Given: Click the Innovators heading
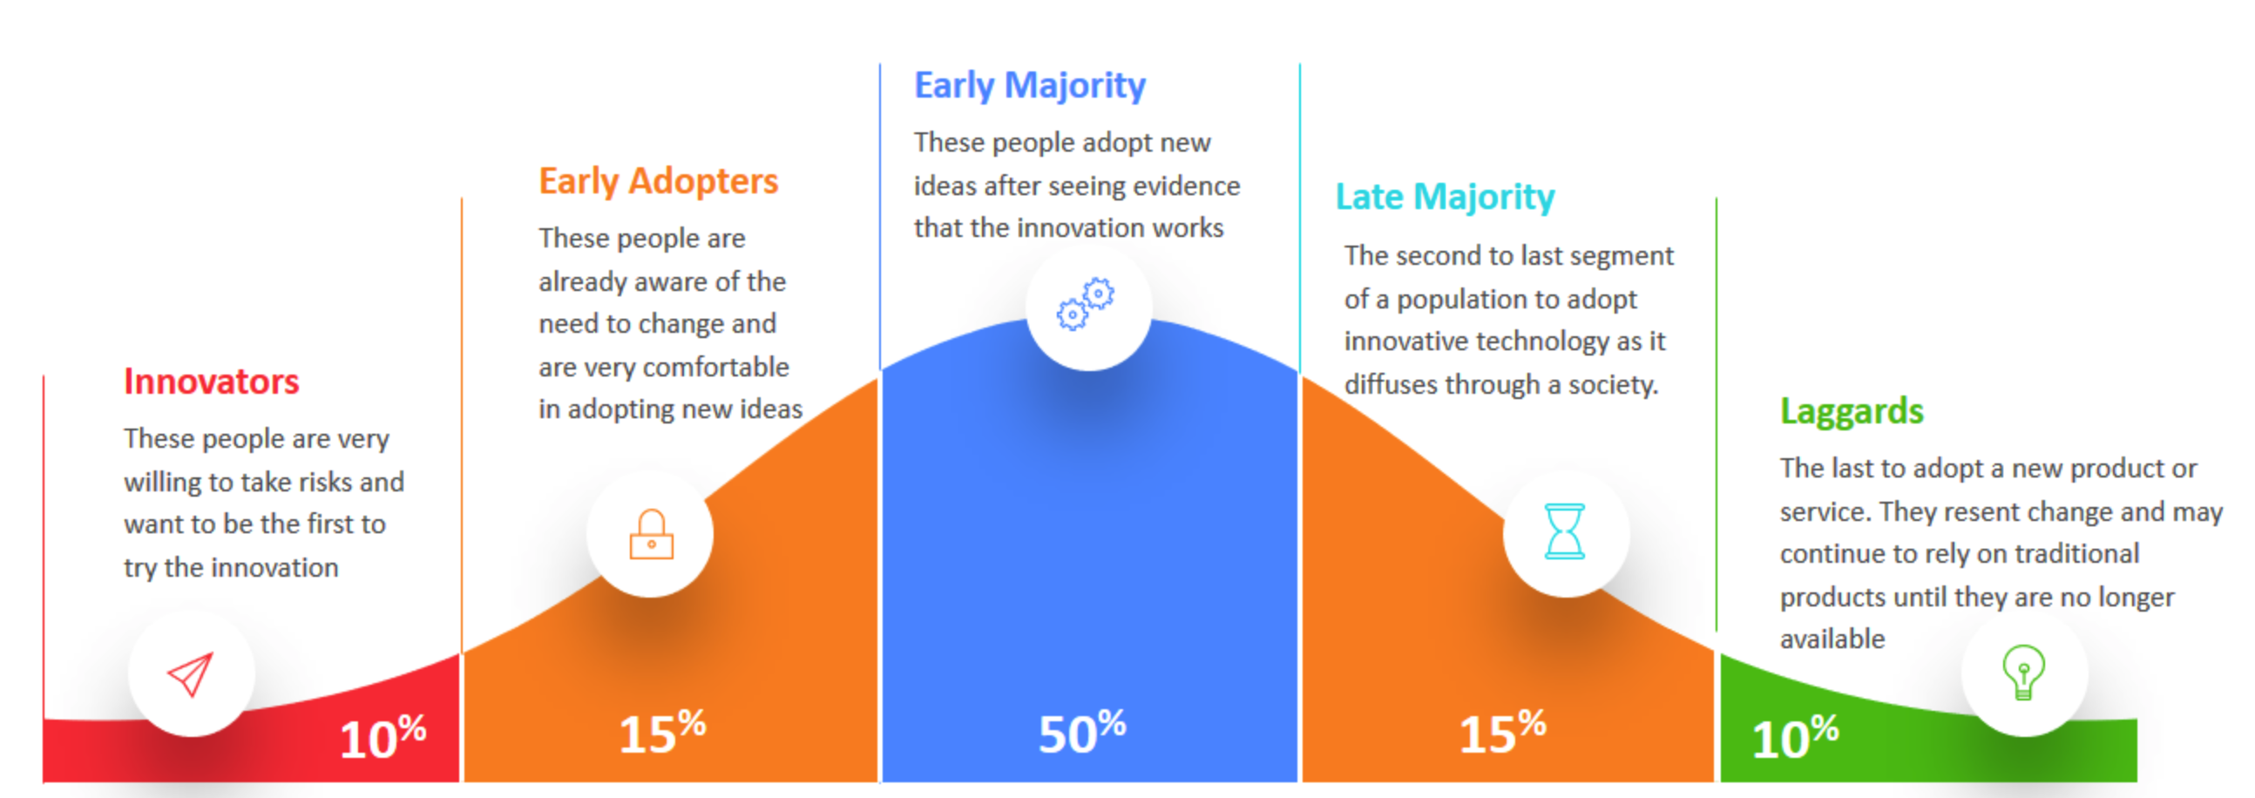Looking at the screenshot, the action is (211, 382).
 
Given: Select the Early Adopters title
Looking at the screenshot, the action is (659, 182).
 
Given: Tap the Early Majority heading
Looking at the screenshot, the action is (1029, 85).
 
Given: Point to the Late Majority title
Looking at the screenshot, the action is (1446, 197).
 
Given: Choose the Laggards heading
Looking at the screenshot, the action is (1852, 411).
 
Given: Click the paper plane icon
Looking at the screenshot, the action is (191, 673).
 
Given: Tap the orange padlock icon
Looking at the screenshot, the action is (651, 534).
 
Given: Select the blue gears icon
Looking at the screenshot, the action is (1086, 304).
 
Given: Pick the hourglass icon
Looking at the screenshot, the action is (1564, 531).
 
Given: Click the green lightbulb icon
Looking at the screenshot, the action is (2023, 672).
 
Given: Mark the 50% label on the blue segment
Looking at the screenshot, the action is (1082, 732).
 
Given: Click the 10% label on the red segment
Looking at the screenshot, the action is (383, 737).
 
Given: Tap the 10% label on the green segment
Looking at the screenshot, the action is (1795, 737).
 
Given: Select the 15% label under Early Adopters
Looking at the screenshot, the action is (662, 732).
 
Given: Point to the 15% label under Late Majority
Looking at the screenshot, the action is (1502, 732).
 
